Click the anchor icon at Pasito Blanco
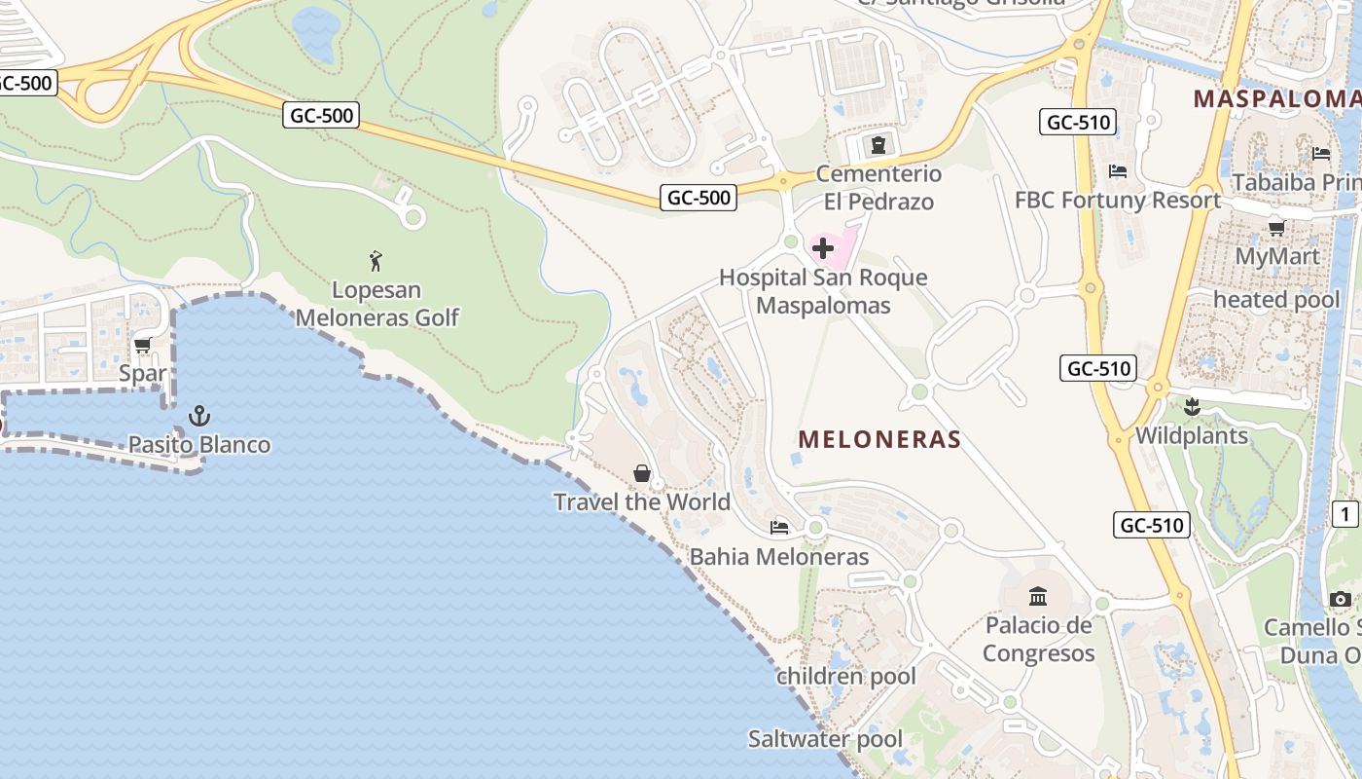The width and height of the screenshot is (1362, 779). pos(199,417)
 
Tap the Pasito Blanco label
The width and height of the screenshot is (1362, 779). pos(199,445)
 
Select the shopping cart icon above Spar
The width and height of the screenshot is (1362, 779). pos(143,346)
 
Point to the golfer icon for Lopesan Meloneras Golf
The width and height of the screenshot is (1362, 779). pos(376,261)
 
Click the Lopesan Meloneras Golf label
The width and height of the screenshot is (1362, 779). pos(377,304)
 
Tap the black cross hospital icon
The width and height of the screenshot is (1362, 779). pos(823,248)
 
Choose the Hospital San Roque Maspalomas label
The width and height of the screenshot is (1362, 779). pos(823,291)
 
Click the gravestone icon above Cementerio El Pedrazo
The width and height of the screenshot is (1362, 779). pos(878,146)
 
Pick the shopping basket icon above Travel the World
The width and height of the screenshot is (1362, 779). pos(642,474)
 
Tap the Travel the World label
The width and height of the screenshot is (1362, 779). pos(642,502)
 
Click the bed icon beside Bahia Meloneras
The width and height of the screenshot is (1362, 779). pos(778,528)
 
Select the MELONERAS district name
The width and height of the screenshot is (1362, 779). pos(879,439)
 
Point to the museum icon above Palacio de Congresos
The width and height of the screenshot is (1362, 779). pos(1038,596)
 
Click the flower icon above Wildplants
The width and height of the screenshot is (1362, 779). pos(1192,407)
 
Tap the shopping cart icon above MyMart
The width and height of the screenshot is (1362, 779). pos(1276,228)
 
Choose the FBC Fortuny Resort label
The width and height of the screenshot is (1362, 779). pos(1117,201)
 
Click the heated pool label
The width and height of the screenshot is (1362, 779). pos(1276,299)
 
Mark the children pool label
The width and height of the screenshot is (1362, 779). pos(846,676)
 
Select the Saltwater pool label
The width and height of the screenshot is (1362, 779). pos(825,739)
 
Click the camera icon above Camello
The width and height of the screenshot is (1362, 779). pos(1341,599)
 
